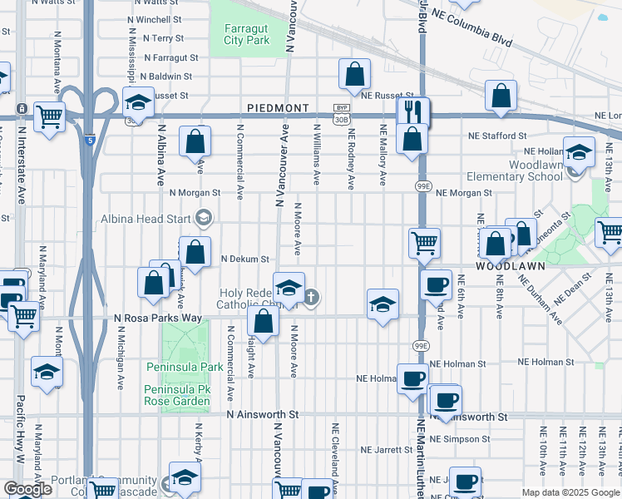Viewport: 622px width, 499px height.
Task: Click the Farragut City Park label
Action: (247, 33)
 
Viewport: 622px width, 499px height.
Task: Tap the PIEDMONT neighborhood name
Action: (278, 109)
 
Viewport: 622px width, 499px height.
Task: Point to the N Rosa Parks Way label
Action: (158, 318)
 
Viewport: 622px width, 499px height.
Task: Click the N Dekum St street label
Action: (245, 259)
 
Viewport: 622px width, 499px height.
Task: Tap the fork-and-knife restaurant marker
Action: (412, 110)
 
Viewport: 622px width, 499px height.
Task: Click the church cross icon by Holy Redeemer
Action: (311, 297)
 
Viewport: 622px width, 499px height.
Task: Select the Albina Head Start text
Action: (146, 219)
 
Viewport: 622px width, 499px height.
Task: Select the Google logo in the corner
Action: (27, 489)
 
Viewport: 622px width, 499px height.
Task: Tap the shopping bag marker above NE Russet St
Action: (354, 75)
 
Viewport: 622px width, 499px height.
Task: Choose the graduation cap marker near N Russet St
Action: (139, 102)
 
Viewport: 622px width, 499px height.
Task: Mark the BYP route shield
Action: (340, 108)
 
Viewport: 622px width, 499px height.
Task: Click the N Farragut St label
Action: (170, 58)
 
